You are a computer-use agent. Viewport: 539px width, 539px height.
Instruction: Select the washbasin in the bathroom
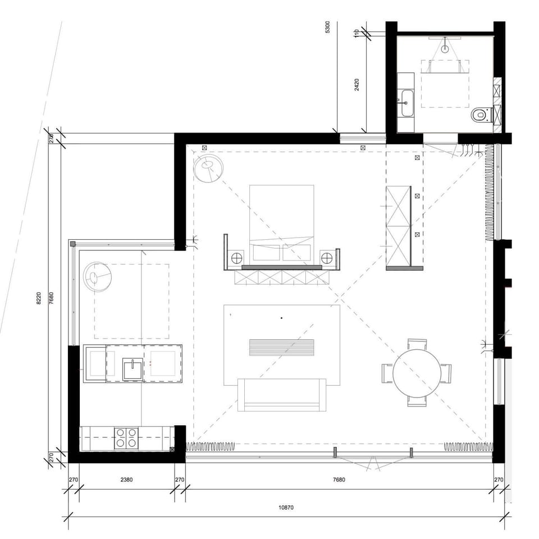click(x=406, y=103)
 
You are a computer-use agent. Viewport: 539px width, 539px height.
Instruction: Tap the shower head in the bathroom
click(x=445, y=48)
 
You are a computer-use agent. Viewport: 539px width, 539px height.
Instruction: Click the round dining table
click(x=417, y=373)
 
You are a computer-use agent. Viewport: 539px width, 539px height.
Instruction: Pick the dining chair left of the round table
click(x=387, y=373)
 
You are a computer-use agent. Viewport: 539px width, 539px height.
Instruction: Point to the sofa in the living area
click(x=282, y=394)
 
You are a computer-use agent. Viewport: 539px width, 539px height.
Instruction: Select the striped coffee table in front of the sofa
click(x=281, y=347)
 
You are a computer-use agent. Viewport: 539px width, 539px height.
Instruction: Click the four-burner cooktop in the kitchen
click(x=126, y=438)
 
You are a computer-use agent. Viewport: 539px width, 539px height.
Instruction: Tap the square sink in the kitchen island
click(x=133, y=369)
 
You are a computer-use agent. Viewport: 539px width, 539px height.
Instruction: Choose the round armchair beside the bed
click(x=208, y=169)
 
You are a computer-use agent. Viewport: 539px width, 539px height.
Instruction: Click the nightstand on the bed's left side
click(x=236, y=258)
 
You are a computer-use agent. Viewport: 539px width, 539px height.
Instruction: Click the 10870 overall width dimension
click(x=286, y=508)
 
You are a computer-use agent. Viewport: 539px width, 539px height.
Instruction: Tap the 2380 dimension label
click(x=127, y=480)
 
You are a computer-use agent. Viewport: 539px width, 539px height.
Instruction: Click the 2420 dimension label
click(x=356, y=84)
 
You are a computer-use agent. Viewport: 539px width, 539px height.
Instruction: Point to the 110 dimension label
click(x=356, y=33)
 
